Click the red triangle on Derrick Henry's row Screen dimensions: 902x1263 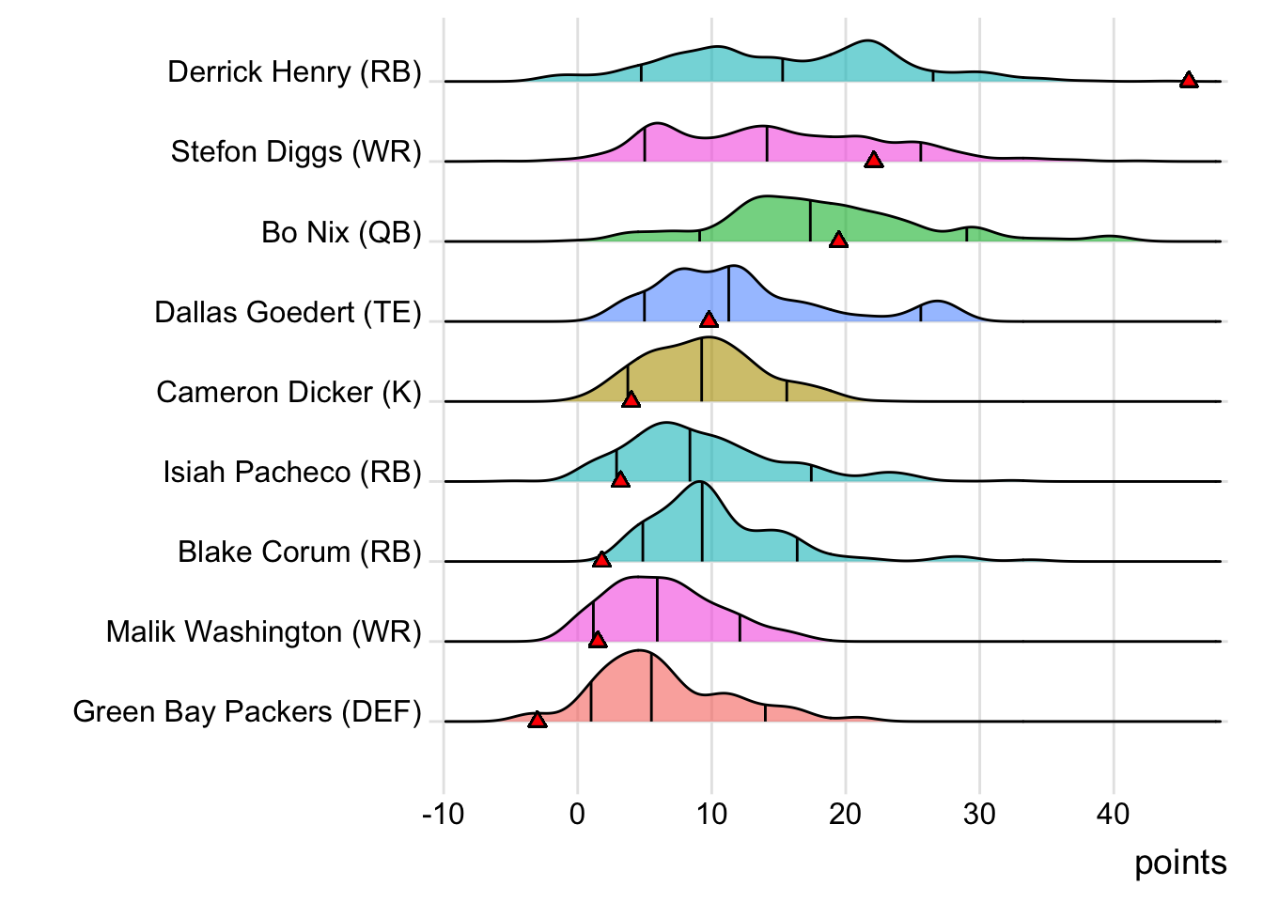click(1189, 80)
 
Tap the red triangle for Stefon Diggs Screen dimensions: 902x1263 click(874, 160)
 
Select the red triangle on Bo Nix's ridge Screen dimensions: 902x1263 click(839, 240)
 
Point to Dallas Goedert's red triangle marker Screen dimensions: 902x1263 click(709, 319)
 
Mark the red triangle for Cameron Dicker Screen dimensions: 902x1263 click(631, 399)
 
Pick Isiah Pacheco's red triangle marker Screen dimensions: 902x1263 click(620, 479)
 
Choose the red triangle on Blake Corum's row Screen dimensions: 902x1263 click(602, 559)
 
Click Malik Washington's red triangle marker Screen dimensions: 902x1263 click(598, 640)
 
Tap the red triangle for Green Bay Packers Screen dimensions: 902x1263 click(538, 720)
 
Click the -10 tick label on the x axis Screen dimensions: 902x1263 click(444, 814)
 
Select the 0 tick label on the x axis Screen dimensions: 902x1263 click(577, 814)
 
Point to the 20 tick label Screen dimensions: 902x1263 click(846, 814)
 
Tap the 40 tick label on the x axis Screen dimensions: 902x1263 click(1114, 814)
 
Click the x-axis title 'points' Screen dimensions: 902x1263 click(1180, 863)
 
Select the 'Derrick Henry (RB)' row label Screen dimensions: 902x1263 click(294, 71)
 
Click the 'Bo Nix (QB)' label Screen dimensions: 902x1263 click(341, 232)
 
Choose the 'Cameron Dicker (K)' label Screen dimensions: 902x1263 click(288, 392)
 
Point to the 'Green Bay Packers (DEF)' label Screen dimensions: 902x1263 click(247, 711)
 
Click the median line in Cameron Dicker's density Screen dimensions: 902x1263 click(702, 370)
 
